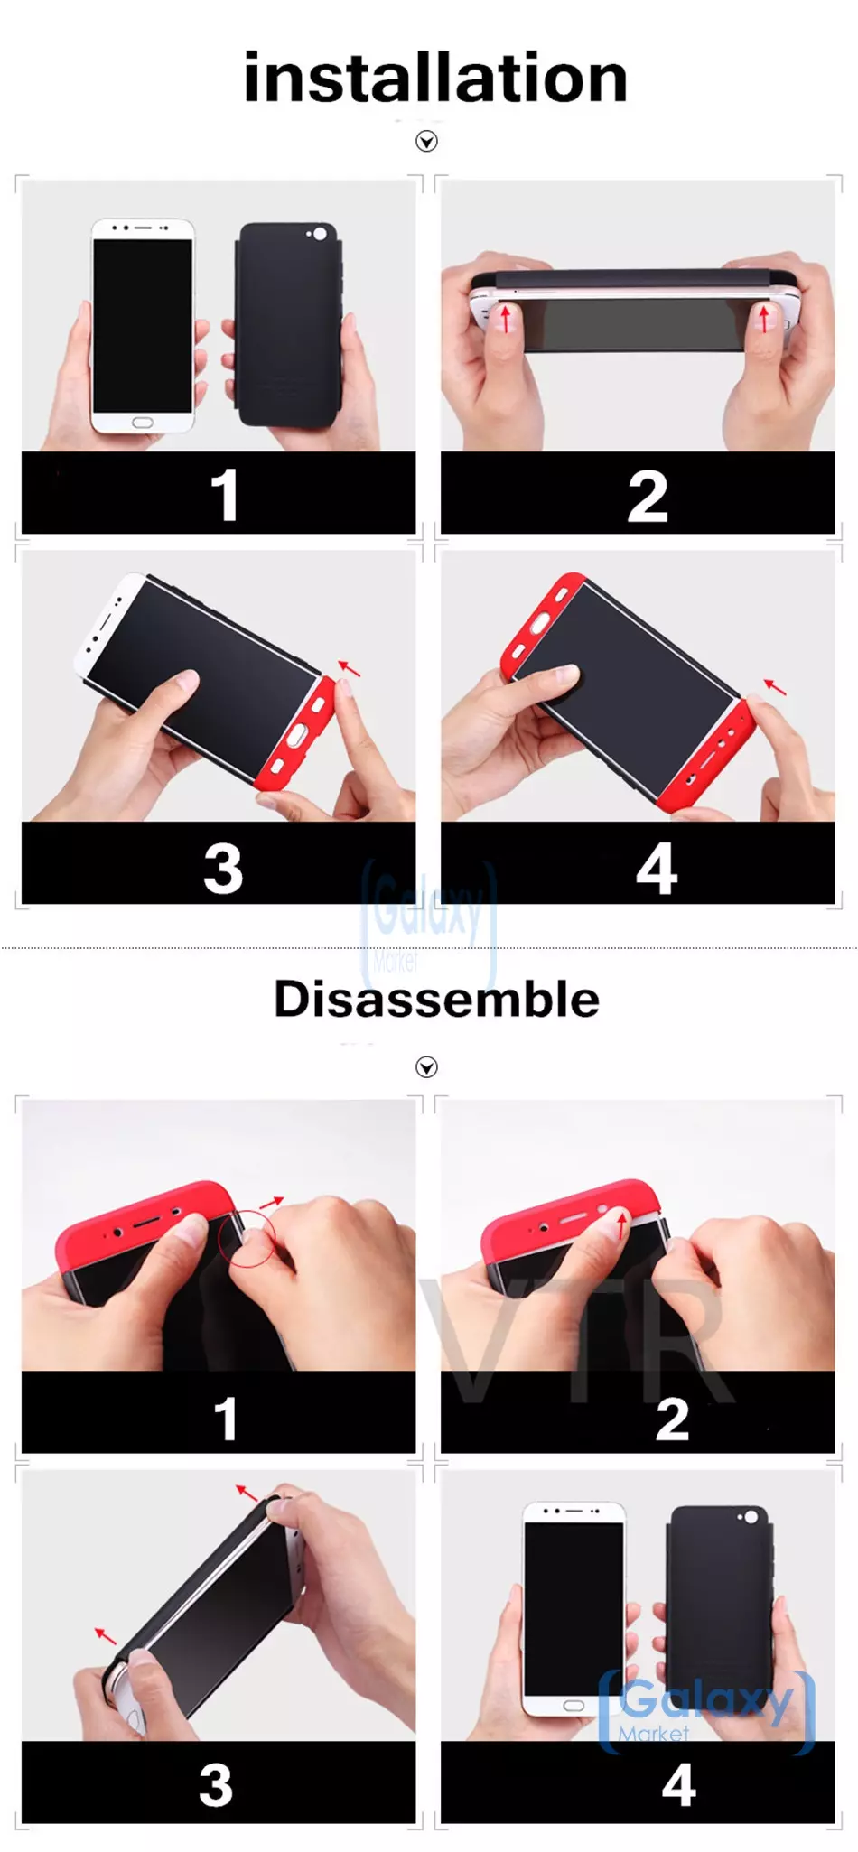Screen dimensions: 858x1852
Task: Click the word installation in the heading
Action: (x=435, y=78)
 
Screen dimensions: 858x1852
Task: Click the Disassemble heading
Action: (x=436, y=999)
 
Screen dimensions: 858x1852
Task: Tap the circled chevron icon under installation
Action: (x=426, y=141)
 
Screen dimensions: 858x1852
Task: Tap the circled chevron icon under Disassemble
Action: (x=426, y=1067)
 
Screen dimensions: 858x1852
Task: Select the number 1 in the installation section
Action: (x=224, y=495)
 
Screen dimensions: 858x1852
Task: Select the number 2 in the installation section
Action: (x=648, y=496)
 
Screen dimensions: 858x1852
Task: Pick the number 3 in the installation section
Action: (x=223, y=869)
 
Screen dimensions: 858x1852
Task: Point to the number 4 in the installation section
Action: (x=657, y=869)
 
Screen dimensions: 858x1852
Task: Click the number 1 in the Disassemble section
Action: (x=226, y=1419)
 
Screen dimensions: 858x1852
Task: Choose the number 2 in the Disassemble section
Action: (x=672, y=1419)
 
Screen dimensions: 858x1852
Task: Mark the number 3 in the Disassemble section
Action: (x=216, y=1785)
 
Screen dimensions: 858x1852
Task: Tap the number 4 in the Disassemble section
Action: (x=679, y=1785)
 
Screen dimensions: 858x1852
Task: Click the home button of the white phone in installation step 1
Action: (x=143, y=423)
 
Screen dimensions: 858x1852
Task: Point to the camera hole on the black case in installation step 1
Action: (x=320, y=235)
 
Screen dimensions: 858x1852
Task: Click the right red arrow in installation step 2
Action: (x=765, y=318)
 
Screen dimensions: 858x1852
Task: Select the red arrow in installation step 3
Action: (x=349, y=669)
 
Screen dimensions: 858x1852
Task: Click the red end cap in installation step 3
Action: (x=296, y=736)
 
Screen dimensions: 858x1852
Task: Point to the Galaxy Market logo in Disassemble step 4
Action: (x=706, y=1712)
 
